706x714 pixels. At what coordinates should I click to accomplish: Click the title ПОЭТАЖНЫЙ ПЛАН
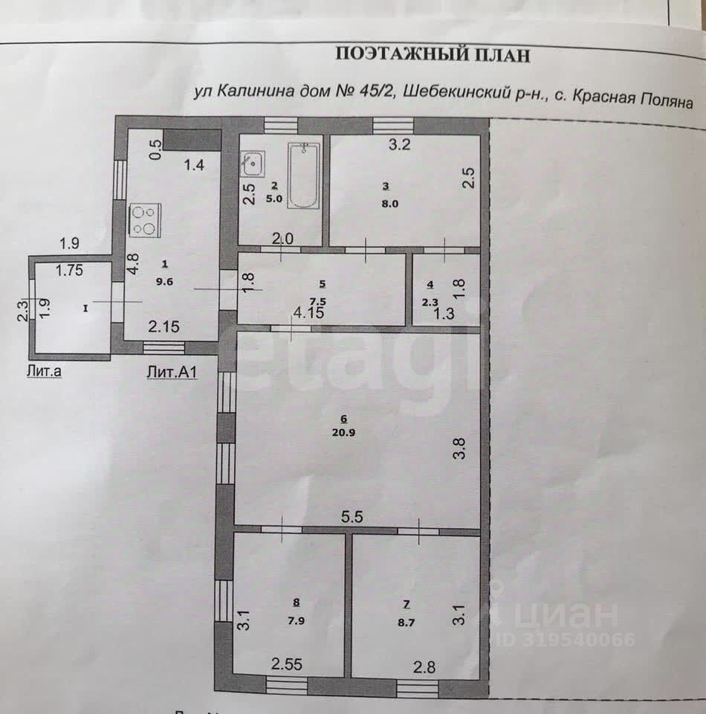(434, 54)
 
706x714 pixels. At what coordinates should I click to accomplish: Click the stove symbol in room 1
(145, 221)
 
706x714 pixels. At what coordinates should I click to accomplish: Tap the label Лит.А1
(171, 373)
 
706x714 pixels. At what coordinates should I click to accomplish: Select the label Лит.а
(43, 372)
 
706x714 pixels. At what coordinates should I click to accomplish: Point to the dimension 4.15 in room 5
(308, 313)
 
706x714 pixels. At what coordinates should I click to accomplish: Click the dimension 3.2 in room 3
(400, 145)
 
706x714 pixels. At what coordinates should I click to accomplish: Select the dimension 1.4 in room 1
(194, 166)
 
